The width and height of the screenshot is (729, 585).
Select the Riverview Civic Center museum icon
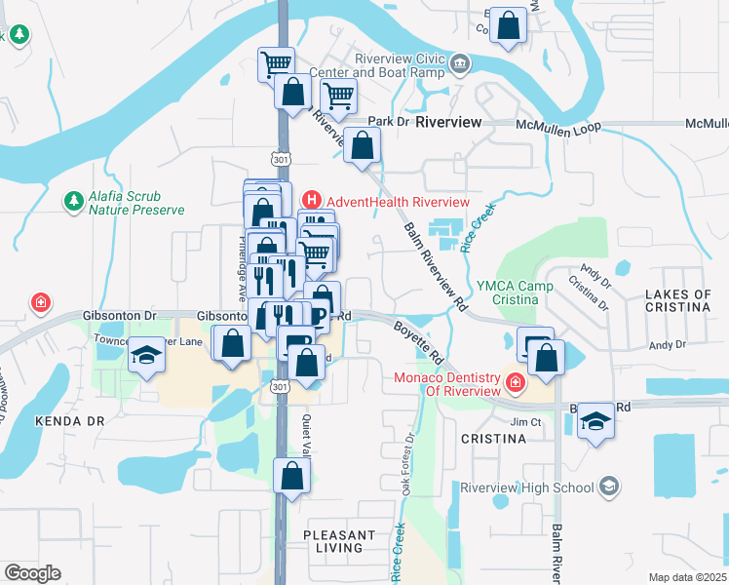(460, 65)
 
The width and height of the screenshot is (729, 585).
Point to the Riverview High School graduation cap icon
(608, 487)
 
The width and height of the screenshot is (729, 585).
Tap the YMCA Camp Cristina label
(516, 292)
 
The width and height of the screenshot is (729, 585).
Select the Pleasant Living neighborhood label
(339, 541)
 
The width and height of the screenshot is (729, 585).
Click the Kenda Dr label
(69, 422)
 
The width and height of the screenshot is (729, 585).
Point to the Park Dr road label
(387, 122)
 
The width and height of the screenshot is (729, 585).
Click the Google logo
(32, 573)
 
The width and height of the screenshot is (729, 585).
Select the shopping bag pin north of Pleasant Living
(291, 476)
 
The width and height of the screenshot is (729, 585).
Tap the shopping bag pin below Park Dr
(362, 146)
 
